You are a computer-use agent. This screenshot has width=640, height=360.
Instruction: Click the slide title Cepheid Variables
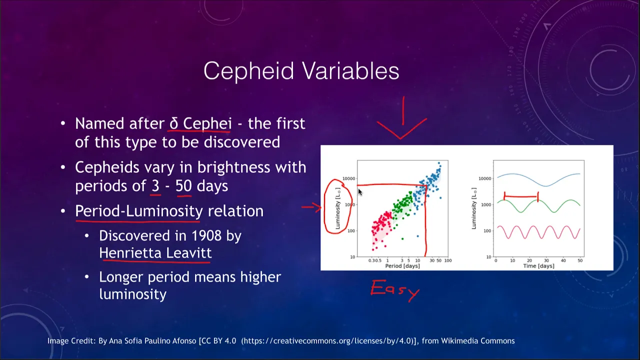click(301, 71)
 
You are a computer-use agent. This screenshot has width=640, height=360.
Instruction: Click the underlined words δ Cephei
click(200, 123)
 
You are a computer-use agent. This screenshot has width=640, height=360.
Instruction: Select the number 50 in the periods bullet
click(183, 186)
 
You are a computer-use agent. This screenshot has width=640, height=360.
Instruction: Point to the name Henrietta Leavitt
click(155, 253)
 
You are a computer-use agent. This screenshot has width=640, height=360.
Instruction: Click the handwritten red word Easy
click(395, 290)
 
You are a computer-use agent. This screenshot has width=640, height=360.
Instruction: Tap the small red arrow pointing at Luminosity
click(311, 207)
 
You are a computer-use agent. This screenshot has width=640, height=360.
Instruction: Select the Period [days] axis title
click(402, 266)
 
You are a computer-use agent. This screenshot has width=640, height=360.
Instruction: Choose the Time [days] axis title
click(538, 266)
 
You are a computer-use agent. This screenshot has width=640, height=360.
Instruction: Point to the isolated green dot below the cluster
click(402, 239)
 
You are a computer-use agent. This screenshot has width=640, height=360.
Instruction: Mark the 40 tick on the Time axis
click(563, 260)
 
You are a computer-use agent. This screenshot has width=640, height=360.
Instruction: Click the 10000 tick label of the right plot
click(485, 178)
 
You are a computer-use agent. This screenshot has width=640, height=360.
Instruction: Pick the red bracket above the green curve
click(521, 196)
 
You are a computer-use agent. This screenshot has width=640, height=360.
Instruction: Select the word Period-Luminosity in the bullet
click(139, 211)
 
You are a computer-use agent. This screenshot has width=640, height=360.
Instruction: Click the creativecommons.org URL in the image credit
click(326, 341)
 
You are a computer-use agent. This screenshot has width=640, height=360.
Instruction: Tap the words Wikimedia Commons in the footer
click(477, 341)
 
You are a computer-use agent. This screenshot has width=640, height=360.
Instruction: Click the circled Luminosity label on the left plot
click(337, 208)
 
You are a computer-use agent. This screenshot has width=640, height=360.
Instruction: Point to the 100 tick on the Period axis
click(448, 260)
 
